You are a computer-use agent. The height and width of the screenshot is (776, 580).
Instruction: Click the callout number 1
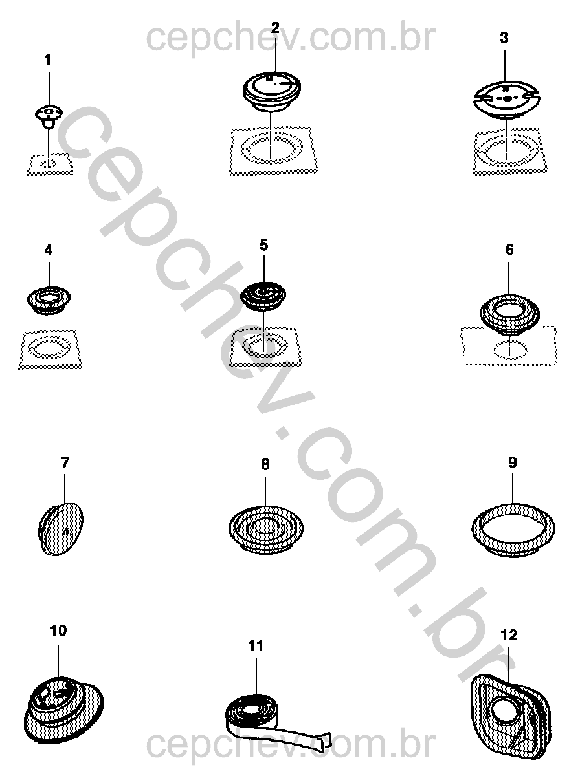[48, 60]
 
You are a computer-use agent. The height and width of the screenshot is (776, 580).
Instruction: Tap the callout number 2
[275, 28]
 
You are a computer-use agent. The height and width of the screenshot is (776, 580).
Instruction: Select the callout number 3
[504, 38]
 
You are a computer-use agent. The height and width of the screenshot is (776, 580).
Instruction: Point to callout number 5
[263, 245]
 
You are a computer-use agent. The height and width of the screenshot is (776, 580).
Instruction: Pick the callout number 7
[65, 462]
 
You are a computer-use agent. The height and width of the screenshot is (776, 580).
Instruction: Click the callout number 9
[513, 462]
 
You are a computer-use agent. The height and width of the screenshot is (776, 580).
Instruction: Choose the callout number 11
[256, 646]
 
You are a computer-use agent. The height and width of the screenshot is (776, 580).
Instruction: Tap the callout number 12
[509, 635]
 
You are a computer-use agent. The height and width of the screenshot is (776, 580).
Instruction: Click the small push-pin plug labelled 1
[49, 116]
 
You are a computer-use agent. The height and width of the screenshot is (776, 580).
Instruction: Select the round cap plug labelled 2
[272, 92]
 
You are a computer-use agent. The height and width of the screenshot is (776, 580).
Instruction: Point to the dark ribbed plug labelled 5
[263, 296]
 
